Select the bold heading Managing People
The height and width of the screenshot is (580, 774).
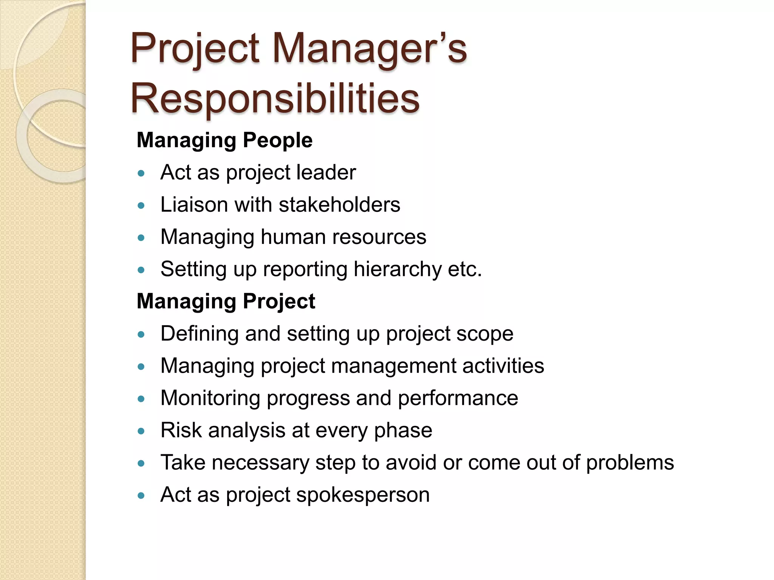pyautogui.click(x=224, y=140)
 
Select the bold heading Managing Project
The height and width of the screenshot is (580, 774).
pyautogui.click(x=226, y=301)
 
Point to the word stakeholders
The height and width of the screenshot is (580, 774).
pyautogui.click(x=339, y=205)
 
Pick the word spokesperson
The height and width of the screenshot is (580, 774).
pyautogui.click(x=363, y=495)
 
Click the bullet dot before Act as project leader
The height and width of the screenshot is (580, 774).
pyautogui.click(x=141, y=174)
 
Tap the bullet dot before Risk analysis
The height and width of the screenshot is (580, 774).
pyautogui.click(x=141, y=431)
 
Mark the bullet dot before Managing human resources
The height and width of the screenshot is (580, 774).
pyautogui.click(x=141, y=238)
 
